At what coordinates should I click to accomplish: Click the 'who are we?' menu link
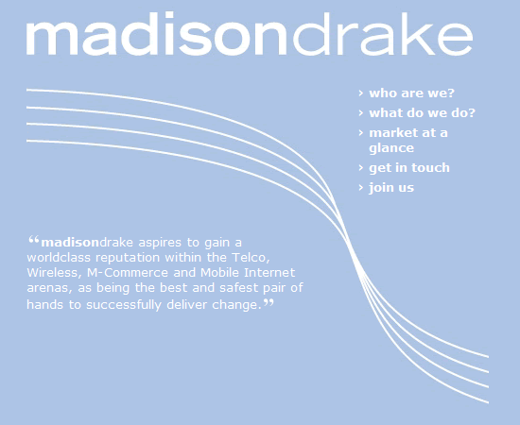(411, 93)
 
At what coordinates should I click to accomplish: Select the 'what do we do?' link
(423, 113)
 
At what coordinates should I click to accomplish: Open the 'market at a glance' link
(408, 141)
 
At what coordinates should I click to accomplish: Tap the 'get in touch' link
(409, 167)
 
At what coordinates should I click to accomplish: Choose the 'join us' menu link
(391, 188)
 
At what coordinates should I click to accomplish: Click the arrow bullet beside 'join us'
(361, 188)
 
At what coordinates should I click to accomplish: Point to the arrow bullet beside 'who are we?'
(361, 93)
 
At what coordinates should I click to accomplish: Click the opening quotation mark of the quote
(34, 240)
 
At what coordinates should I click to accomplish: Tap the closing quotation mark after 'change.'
(269, 302)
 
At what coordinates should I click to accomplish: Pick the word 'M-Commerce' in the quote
(128, 273)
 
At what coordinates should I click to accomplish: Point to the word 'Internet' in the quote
(269, 273)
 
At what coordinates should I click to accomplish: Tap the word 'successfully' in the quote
(123, 305)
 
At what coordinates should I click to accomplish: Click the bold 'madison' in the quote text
(70, 243)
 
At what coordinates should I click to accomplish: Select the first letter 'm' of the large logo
(52, 39)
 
